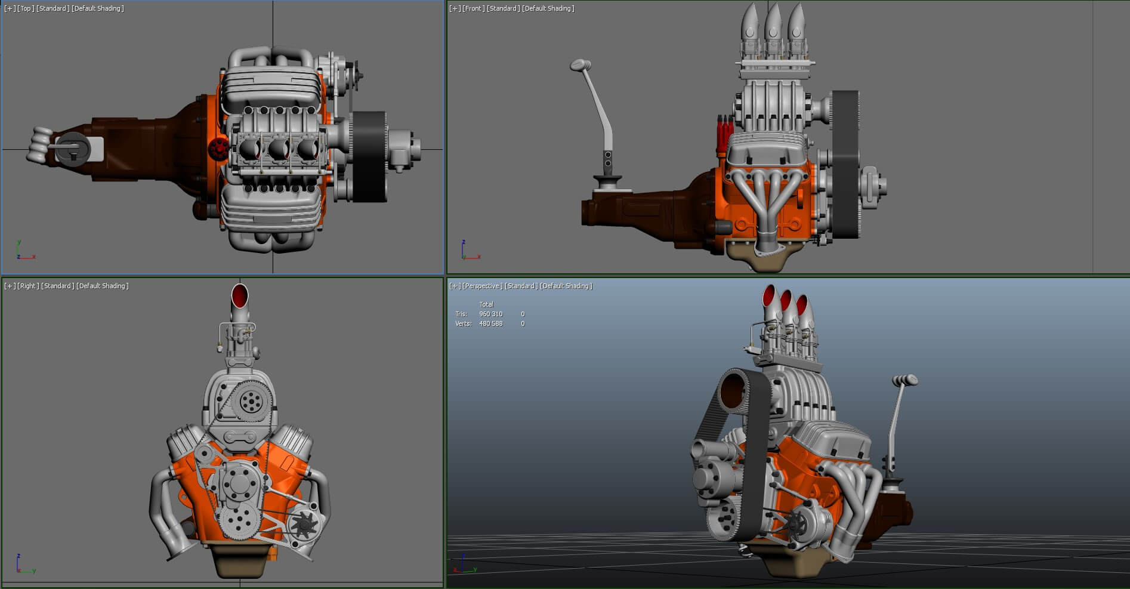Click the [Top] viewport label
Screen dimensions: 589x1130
tap(26, 8)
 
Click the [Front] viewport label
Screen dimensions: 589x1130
tap(473, 8)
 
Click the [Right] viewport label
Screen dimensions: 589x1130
tap(28, 286)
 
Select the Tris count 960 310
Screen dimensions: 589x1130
tap(490, 314)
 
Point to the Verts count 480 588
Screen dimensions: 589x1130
tap(490, 323)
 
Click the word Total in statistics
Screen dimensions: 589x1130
tap(486, 304)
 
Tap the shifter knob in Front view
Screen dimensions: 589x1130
tap(580, 64)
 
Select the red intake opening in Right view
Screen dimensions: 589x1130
tap(240, 295)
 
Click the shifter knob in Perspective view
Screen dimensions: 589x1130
tap(904, 380)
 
